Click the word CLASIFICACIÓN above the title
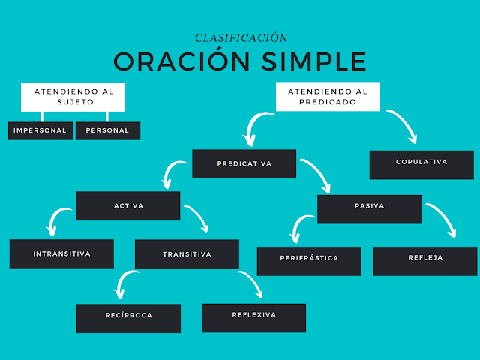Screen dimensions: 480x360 click(241, 37)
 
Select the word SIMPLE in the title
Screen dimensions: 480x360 click(313, 61)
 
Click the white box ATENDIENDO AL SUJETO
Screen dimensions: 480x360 click(73, 97)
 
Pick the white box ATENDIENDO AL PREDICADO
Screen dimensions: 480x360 click(328, 97)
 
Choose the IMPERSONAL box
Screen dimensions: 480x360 click(40, 130)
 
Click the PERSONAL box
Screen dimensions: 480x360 click(107, 130)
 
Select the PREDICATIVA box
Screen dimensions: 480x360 click(244, 163)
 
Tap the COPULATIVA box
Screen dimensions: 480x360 click(421, 163)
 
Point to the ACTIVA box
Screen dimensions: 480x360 click(128, 205)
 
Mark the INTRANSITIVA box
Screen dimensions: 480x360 click(61, 253)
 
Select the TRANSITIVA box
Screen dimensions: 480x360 click(187, 253)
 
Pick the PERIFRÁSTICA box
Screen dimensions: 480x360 click(308, 259)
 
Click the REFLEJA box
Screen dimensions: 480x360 click(425, 259)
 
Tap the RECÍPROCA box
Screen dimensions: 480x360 click(128, 316)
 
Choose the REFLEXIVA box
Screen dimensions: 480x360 click(253, 316)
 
